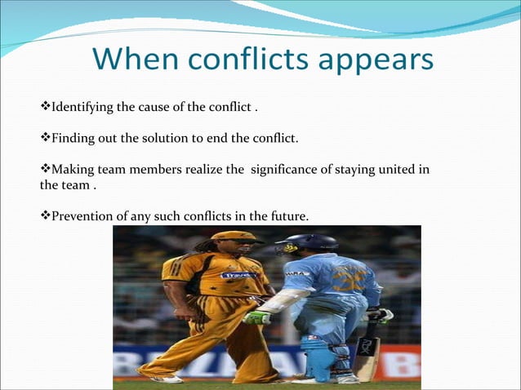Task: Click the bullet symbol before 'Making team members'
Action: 45,169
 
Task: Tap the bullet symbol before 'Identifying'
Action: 45,107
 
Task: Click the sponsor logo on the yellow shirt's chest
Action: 238,275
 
